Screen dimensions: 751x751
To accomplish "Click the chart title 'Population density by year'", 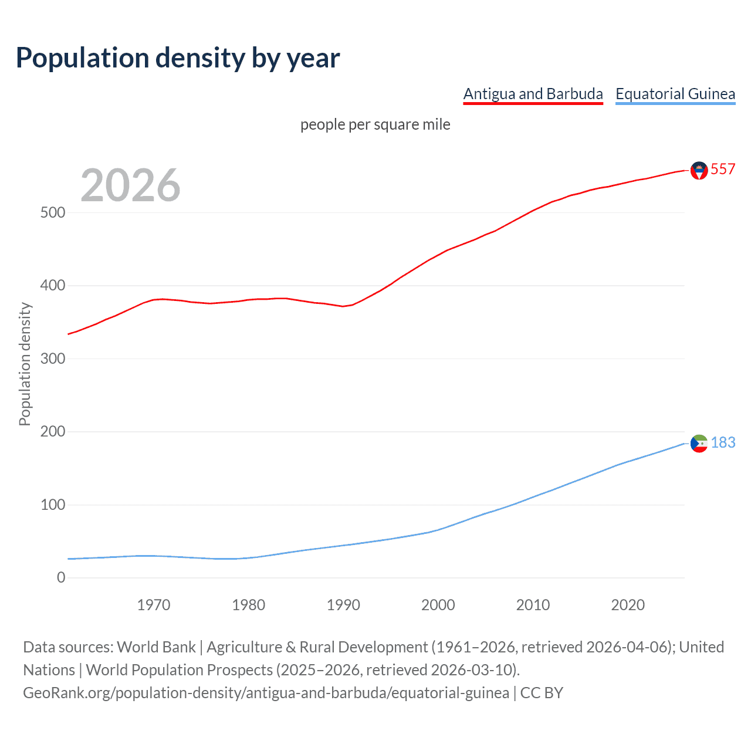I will pos(178,58).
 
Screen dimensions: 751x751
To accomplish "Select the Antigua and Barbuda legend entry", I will pos(533,94).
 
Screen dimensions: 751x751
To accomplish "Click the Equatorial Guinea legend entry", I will pos(675,94).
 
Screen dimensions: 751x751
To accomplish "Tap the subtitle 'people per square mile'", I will pos(375,124).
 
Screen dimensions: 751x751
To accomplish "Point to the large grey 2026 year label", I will pos(130,185).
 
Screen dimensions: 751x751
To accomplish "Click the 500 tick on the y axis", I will pos(53,212).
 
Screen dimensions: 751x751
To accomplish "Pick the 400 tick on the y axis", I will pos(53,286).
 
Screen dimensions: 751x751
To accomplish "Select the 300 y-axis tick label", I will pos(53,358).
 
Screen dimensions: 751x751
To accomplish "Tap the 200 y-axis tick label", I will pos(53,432).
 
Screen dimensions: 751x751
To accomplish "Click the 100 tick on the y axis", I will pos(53,505).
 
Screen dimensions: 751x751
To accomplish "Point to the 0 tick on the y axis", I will pos(61,577).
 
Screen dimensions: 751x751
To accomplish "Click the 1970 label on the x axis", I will pos(154,605).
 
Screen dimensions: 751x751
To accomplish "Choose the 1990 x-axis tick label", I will pos(343,605).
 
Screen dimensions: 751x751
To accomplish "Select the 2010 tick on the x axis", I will pos(533,605).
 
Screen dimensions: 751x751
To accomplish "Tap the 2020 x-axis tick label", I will pos(628,605).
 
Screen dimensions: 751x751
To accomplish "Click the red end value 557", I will pos(723,169).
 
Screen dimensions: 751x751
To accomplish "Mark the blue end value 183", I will pos(723,442).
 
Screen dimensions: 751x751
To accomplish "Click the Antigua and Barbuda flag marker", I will pos(699,170).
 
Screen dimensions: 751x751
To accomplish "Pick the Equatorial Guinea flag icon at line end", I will pos(699,444).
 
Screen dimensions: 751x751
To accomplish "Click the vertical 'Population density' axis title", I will pos(25,364).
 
